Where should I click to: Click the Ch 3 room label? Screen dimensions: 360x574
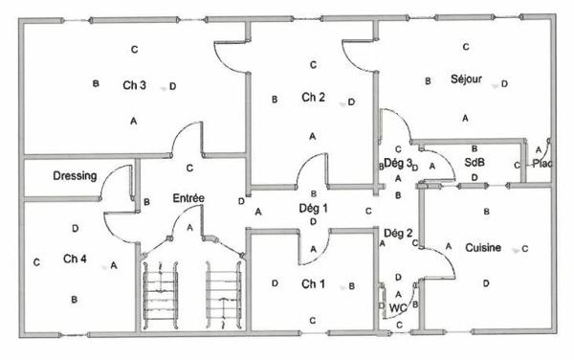tap(134, 85)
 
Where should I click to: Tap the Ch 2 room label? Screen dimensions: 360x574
tap(314, 98)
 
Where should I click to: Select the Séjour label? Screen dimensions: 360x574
tap(466, 79)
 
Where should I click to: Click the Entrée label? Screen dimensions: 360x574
tap(188, 198)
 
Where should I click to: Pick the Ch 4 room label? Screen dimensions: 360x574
tap(75, 259)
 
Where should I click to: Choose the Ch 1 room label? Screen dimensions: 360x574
tap(313, 284)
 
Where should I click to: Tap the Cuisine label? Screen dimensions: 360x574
tap(483, 248)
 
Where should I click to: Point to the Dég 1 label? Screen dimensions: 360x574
tap(313, 208)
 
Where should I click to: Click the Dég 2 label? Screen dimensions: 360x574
tap(397, 233)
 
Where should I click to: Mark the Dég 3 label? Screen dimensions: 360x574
tap(397, 164)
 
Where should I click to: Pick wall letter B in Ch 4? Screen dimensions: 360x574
tap(75, 300)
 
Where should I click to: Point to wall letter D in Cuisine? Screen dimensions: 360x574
tap(486, 282)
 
